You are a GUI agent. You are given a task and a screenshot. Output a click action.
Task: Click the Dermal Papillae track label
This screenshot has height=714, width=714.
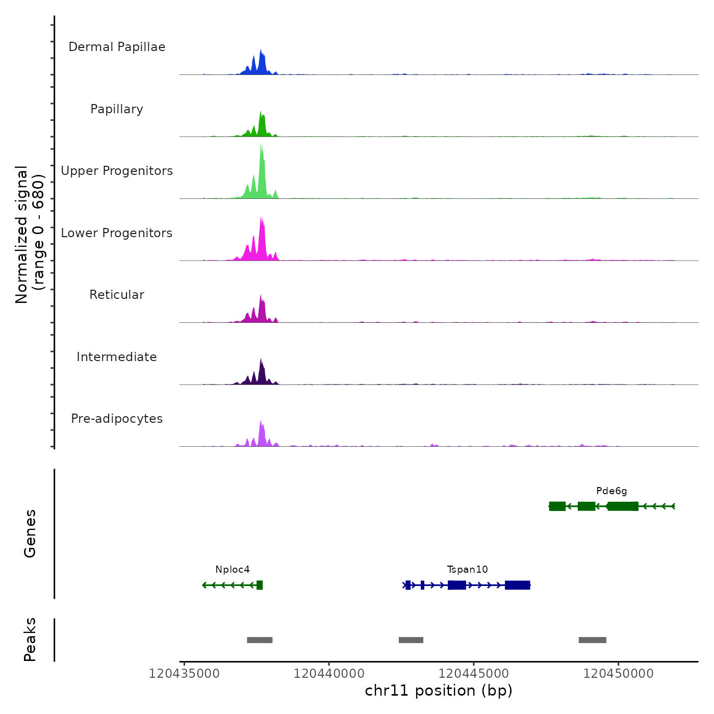point(117,47)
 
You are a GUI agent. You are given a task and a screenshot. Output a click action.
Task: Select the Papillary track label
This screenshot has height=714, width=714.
point(117,109)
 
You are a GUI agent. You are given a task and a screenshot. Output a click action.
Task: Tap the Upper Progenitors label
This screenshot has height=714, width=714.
point(117,171)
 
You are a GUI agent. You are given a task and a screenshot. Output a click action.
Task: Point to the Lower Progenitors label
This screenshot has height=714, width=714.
point(117,233)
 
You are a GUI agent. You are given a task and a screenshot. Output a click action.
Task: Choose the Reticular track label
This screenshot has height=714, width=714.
point(117,295)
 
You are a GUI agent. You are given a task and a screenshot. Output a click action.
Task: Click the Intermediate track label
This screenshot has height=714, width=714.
point(117,357)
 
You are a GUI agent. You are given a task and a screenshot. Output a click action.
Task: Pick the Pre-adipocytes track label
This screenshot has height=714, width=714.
point(117,419)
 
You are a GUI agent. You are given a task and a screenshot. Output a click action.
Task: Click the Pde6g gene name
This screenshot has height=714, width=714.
point(611,491)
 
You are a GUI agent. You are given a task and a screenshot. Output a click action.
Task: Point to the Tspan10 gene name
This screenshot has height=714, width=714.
point(467,570)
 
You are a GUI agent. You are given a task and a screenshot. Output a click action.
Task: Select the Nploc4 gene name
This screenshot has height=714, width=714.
point(233,570)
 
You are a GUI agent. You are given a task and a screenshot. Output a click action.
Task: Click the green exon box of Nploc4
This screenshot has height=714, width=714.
point(260,585)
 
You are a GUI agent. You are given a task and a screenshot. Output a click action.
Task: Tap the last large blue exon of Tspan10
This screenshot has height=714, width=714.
point(517,585)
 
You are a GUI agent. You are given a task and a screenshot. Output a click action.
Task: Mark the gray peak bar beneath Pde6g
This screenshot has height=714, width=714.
point(592,640)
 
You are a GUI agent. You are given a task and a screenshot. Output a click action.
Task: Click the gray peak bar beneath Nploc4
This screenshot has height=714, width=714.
point(260,640)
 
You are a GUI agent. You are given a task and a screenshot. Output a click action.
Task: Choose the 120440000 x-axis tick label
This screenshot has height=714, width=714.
point(329,674)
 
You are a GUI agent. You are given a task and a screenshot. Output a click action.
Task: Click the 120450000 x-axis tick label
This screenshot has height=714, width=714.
point(618,674)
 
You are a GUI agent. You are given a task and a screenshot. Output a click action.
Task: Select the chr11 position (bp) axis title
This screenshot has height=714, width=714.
point(439,691)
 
